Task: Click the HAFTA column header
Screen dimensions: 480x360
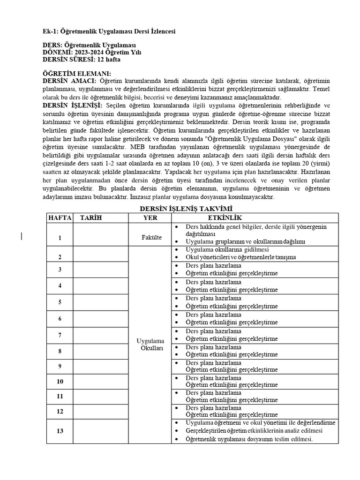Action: pyautogui.click(x=60, y=217)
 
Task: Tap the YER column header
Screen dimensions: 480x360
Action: pyautogui.click(x=150, y=217)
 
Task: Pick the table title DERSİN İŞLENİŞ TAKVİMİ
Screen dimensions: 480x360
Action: pyautogui.click(x=180, y=208)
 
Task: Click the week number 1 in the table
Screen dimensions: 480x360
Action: pyautogui.click(x=60, y=238)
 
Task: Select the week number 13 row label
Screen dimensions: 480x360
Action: pyautogui.click(x=60, y=431)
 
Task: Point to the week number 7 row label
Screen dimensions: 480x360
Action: pyautogui.click(x=60, y=335)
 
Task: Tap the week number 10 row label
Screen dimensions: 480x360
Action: pyautogui.click(x=60, y=382)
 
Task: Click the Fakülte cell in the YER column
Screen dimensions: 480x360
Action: pyautogui.click(x=151, y=238)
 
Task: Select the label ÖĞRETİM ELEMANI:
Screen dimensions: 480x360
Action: pyautogui.click(x=77, y=74)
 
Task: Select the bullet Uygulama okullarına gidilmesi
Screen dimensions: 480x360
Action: pyautogui.click(x=227, y=249)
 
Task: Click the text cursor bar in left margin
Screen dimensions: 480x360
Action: pyautogui.click(x=22, y=236)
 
